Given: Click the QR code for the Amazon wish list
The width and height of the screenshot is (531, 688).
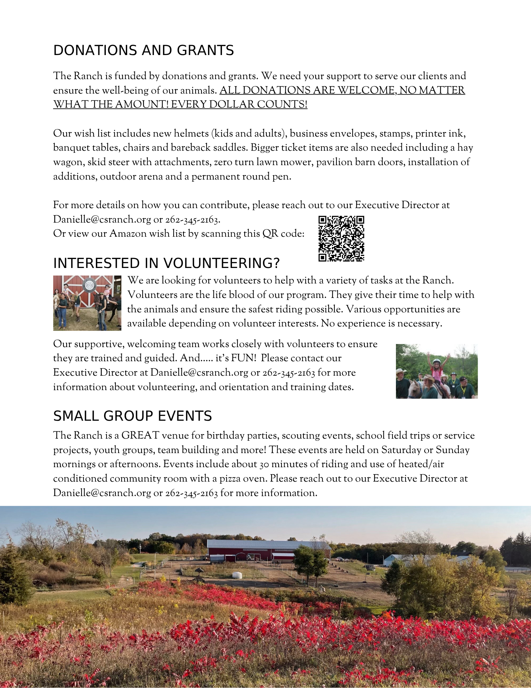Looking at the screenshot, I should pos(341,238).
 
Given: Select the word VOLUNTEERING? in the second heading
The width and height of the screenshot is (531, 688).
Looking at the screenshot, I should pos(221,264).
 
